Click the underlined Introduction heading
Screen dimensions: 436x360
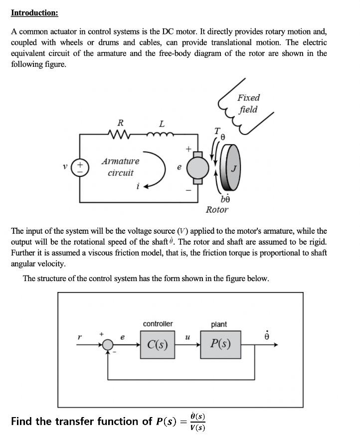(34, 12)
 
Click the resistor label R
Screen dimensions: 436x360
(120, 123)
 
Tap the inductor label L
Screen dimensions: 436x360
(162, 123)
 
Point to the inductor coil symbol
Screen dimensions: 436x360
(160, 134)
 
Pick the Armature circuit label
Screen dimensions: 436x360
(120, 167)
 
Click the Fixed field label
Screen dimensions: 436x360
(248, 104)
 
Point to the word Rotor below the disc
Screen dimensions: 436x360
(217, 210)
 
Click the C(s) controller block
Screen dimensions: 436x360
(158, 344)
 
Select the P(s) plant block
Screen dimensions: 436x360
(220, 344)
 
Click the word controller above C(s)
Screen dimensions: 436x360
(158, 324)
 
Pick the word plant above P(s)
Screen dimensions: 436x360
(219, 324)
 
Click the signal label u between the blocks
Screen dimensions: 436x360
(187, 337)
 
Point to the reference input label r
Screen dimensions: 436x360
(79, 337)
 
